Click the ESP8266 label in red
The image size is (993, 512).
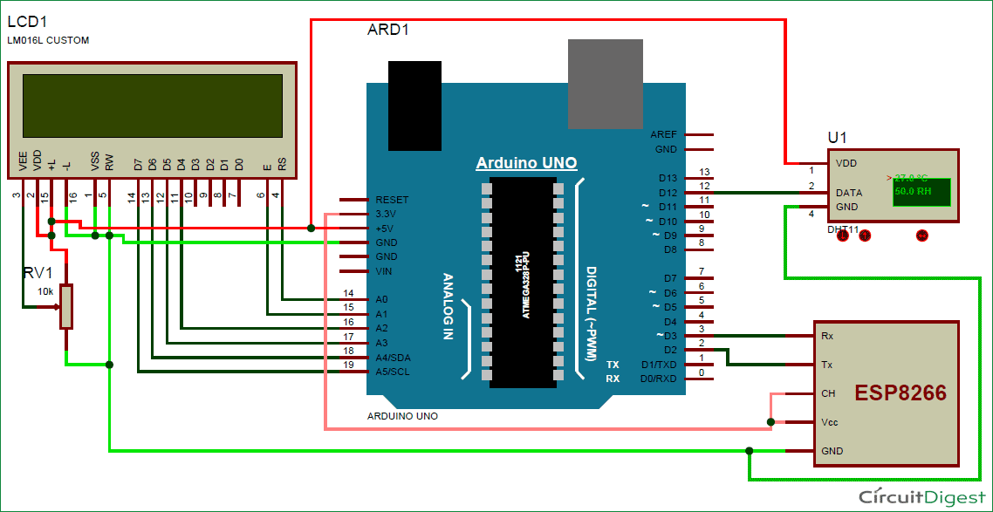pyautogui.click(x=900, y=393)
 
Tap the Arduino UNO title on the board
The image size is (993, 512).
pyautogui.click(x=526, y=163)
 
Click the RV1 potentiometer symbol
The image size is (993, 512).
pyautogui.click(x=66, y=306)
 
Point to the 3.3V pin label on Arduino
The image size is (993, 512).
pyautogui.click(x=386, y=214)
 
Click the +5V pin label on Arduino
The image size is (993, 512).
pyautogui.click(x=386, y=228)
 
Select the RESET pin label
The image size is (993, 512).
pyautogui.click(x=392, y=200)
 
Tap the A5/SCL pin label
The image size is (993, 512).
pyautogui.click(x=393, y=372)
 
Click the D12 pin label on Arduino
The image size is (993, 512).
pyautogui.click(x=668, y=192)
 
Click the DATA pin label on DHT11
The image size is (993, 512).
pyautogui.click(x=850, y=192)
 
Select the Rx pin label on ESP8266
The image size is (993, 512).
pyautogui.click(x=827, y=335)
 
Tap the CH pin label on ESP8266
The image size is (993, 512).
pyautogui.click(x=828, y=393)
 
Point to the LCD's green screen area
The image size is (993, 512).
pyautogui.click(x=153, y=106)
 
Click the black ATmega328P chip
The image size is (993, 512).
pyautogui.click(x=523, y=282)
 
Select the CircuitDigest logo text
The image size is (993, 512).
pyautogui.click(x=922, y=496)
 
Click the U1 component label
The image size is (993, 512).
pyautogui.click(x=837, y=138)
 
